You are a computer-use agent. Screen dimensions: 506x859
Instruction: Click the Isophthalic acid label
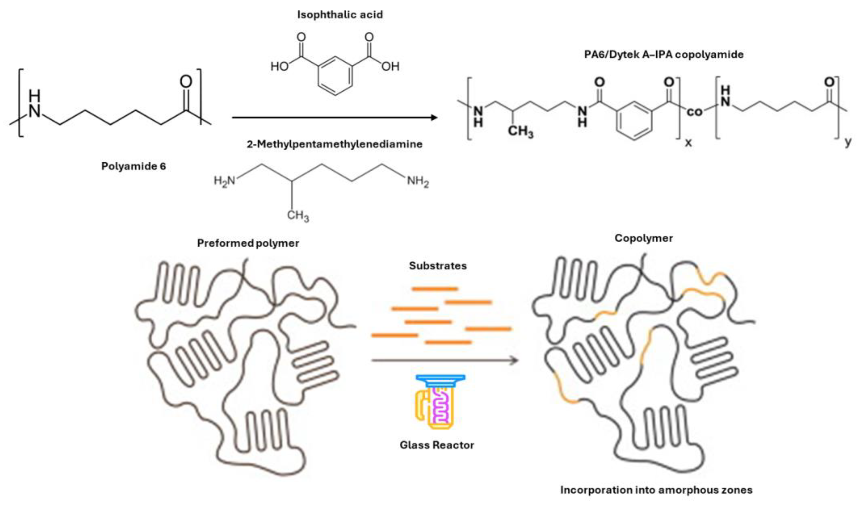click(x=340, y=15)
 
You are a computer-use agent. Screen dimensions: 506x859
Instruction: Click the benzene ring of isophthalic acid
click(x=335, y=76)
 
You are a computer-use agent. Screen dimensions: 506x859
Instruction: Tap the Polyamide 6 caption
click(x=133, y=166)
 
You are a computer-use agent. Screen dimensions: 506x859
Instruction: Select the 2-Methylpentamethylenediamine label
click(x=335, y=144)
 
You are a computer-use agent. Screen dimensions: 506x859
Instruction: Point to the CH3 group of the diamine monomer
click(x=298, y=215)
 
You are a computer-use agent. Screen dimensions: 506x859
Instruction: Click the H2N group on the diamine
click(x=224, y=180)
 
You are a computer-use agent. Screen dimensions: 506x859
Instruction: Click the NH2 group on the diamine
click(x=418, y=181)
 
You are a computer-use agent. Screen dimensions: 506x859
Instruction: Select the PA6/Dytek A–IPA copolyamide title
click(x=664, y=55)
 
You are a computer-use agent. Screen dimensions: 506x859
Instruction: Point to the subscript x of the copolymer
click(x=688, y=142)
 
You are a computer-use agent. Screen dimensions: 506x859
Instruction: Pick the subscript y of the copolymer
click(x=848, y=142)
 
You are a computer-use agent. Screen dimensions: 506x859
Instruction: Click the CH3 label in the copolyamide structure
click(x=520, y=131)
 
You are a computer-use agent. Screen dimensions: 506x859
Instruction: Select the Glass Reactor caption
click(x=436, y=445)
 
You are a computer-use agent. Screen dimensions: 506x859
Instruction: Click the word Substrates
click(x=438, y=266)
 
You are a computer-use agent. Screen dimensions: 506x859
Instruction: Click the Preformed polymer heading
click(x=248, y=243)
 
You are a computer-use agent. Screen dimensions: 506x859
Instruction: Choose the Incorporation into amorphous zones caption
click(x=656, y=490)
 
